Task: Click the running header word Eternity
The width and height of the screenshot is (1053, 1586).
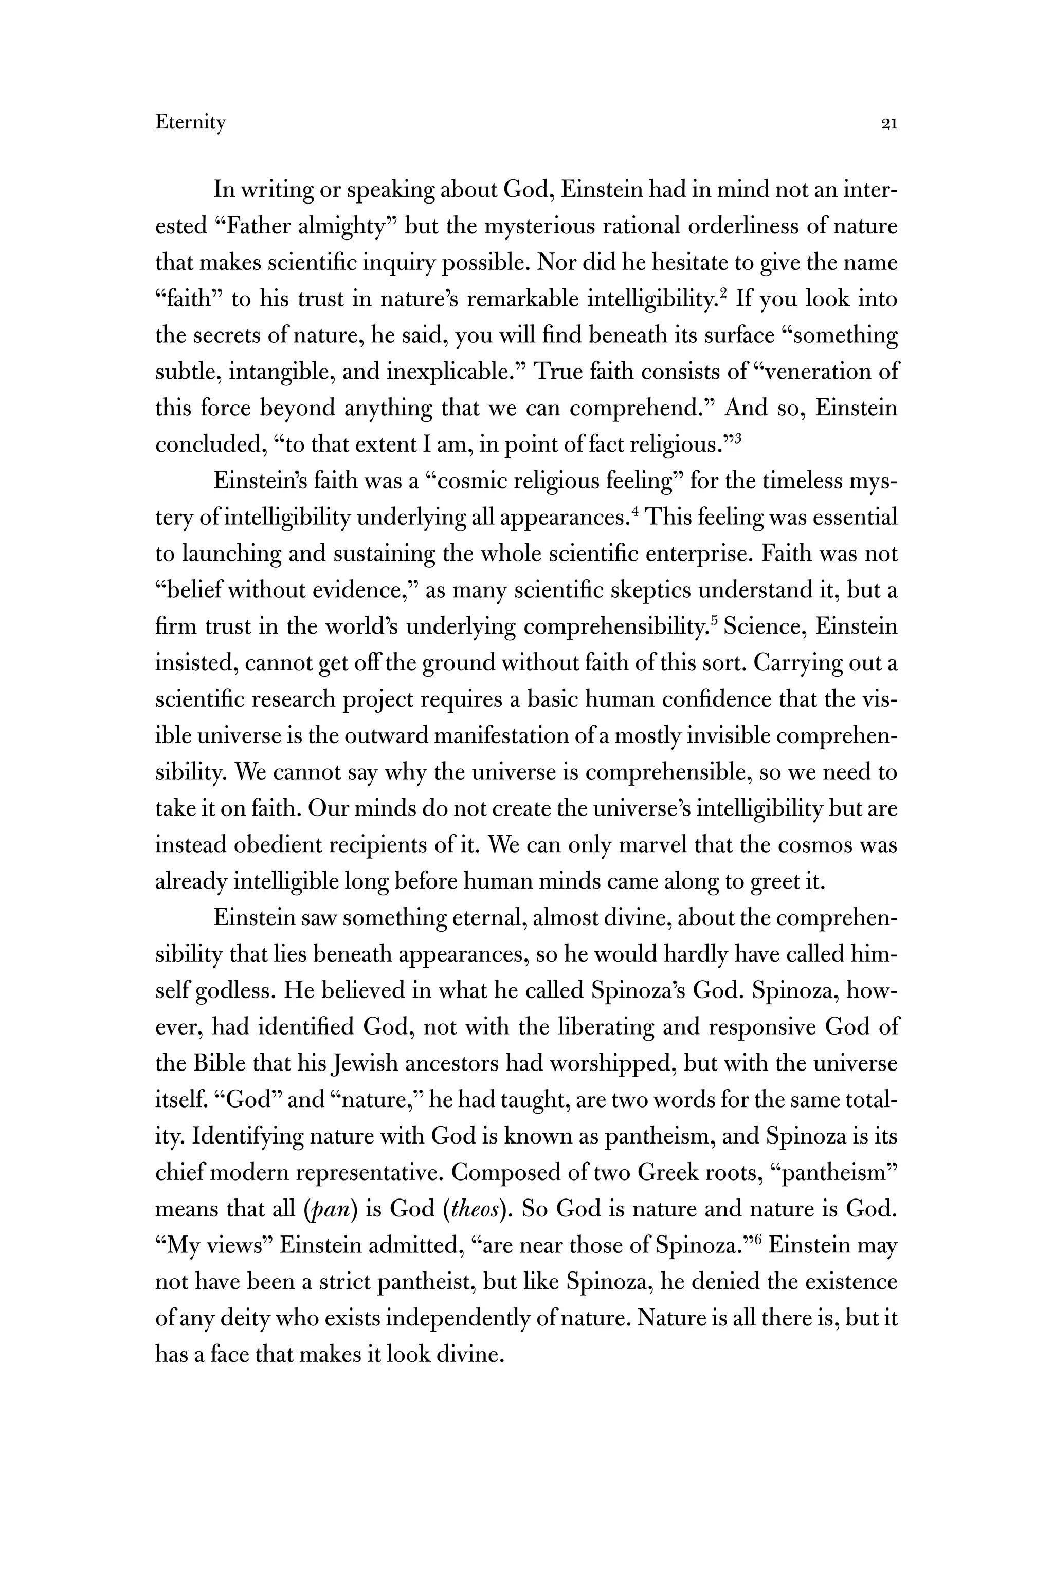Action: click(x=190, y=123)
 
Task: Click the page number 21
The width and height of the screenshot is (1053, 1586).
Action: click(x=888, y=123)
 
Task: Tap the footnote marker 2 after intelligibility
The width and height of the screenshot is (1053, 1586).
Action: click(x=724, y=292)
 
